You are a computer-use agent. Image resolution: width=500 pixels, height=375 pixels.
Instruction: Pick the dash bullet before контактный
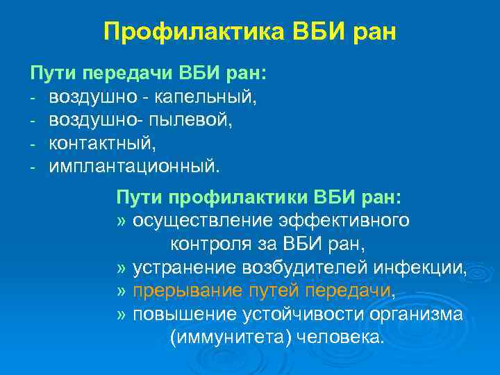[x=33, y=144]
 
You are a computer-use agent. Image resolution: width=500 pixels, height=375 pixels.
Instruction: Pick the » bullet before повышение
[x=122, y=314]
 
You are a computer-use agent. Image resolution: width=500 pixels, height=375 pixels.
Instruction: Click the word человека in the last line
[x=338, y=337]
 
